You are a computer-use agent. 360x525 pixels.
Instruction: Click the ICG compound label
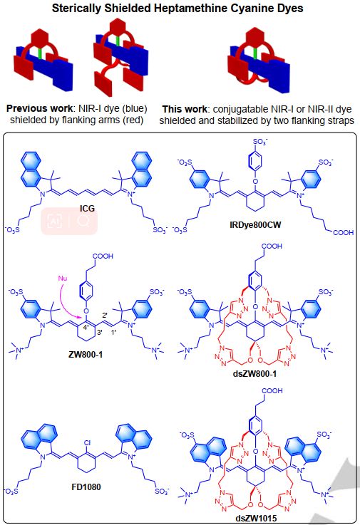pos(87,209)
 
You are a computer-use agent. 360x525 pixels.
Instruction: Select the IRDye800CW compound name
pos(255,225)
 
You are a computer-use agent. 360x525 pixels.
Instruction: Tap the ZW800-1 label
pos(86,354)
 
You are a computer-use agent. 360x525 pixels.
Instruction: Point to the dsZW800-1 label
pos(254,374)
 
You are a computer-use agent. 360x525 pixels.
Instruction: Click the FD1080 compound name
pos(86,487)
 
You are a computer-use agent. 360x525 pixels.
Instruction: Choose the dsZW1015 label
pos(256,519)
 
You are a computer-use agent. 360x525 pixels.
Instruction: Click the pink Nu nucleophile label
pos(63,279)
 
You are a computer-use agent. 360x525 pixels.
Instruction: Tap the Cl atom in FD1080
pos(87,443)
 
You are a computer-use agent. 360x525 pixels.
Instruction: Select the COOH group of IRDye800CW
pos(343,232)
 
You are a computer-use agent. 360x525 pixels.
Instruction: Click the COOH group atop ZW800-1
pos(103,256)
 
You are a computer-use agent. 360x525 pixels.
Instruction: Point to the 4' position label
pos(86,328)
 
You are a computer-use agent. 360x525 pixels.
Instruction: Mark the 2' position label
pos(105,315)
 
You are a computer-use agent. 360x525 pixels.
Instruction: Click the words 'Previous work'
pos(39,108)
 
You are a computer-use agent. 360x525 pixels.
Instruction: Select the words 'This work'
pos(185,109)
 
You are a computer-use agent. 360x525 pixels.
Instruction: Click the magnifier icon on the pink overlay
pos(83,221)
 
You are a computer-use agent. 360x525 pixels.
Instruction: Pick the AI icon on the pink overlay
pos(55,221)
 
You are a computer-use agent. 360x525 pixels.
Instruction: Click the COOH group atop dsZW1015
pos(272,391)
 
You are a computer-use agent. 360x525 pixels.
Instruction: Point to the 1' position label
pos(113,333)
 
